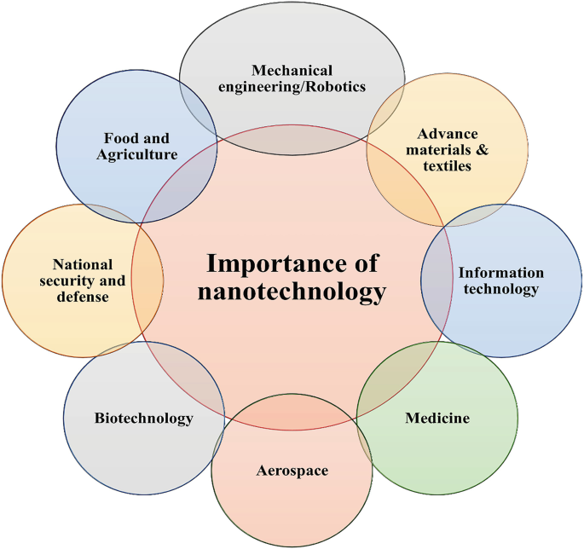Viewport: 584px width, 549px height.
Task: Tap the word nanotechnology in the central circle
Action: [292, 292]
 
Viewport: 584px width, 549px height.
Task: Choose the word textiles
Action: [448, 166]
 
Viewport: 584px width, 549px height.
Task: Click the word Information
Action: [501, 273]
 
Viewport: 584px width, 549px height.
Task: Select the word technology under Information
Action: [501, 289]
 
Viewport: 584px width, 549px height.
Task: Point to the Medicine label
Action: [437, 419]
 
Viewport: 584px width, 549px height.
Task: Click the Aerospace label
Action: [292, 470]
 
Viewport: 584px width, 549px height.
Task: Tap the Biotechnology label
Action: [143, 419]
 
